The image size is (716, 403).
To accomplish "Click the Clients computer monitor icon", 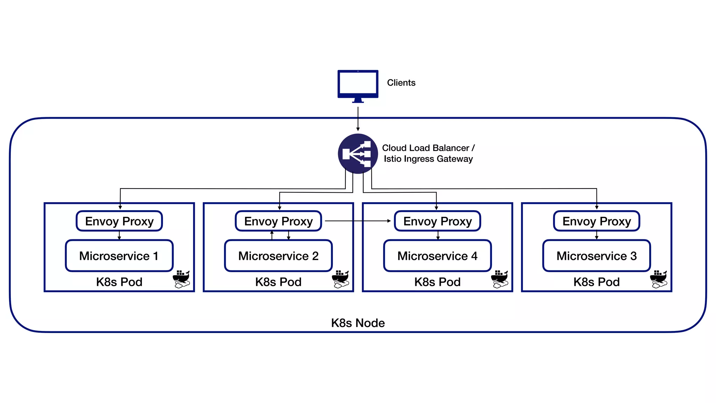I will pos(358,85).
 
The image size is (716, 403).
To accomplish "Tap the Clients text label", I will pos(401,83).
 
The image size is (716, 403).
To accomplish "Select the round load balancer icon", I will pos(358,154).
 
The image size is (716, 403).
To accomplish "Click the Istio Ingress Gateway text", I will pos(428,159).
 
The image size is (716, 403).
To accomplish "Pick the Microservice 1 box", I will pos(119,256).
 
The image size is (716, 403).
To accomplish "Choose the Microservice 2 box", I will pos(278,256).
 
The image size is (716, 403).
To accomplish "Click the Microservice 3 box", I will pos(596,256).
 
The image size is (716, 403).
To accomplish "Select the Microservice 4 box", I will pos(437,256).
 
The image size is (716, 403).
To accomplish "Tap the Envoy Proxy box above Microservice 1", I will pos(119,221).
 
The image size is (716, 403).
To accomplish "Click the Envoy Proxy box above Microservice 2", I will pos(278,221).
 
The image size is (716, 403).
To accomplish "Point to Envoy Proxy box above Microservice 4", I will pos(437,221).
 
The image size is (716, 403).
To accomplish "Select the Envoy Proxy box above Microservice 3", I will pos(596,221).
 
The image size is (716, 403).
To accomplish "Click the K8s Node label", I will pos(358,323).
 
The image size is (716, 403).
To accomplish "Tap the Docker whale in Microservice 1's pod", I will pos(181,279).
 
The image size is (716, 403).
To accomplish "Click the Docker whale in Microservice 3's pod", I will pos(659,279).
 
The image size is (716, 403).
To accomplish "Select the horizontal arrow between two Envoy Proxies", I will pos(357,221).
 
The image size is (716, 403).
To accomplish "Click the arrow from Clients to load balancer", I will pos(358,119).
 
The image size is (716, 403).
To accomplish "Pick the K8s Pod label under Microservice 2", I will pos(278,282).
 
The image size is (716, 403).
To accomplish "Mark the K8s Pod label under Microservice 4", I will pos(437,282).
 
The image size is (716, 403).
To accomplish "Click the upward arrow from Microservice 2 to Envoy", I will pos(272,235).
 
